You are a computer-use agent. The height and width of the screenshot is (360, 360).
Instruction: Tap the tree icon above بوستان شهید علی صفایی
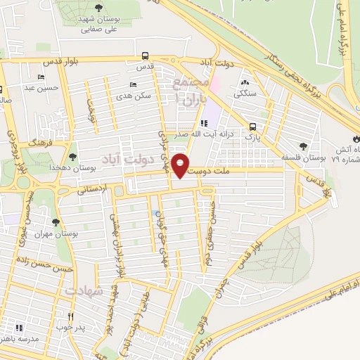coord(97,8)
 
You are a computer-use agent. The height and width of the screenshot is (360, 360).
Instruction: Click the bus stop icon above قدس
coord(144,56)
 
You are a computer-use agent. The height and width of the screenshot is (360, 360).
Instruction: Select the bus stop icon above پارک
coord(252,127)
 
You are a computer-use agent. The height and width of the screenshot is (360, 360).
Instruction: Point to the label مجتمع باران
coord(187,93)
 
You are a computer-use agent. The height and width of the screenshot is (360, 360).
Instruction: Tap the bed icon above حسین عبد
coord(41,77)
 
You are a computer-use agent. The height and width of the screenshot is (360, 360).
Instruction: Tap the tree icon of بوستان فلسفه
coord(303,146)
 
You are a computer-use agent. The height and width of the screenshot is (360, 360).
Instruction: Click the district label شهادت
coord(84,290)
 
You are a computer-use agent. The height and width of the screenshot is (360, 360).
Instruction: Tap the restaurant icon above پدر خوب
coord(70,316)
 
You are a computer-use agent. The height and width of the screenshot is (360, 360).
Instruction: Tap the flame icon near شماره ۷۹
coord(354,134)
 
